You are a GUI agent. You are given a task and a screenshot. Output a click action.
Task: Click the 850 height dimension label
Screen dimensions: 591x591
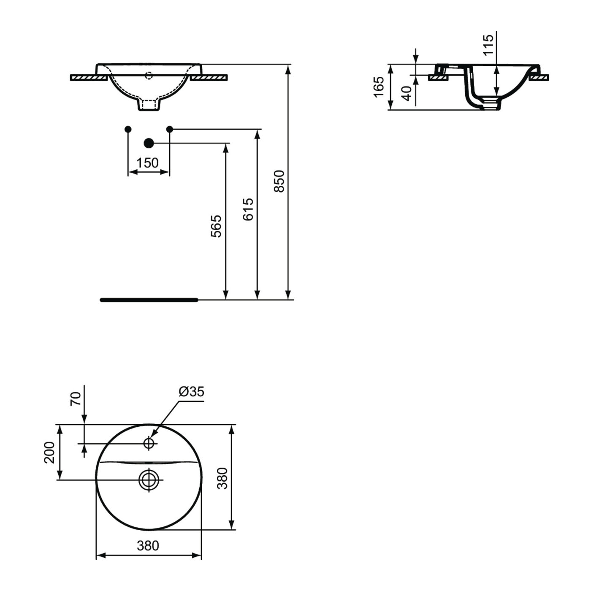[279, 181]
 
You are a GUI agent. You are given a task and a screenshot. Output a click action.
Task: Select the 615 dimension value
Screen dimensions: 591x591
[248, 209]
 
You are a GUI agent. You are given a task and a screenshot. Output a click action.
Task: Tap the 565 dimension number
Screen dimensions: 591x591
[216, 226]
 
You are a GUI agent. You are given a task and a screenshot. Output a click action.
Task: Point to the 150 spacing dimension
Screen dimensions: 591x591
[148, 163]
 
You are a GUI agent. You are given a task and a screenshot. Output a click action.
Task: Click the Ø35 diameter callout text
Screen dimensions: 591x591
[191, 392]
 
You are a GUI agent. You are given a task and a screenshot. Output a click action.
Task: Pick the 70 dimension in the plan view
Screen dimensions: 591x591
[75, 399]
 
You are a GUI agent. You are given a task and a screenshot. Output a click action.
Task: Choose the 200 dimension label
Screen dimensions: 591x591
[49, 452]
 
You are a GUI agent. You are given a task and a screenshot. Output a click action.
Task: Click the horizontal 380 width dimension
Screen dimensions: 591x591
[148, 546]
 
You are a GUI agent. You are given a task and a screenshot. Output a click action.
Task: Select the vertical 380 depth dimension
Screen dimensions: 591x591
[222, 478]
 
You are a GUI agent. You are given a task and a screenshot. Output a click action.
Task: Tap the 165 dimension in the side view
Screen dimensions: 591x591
[379, 87]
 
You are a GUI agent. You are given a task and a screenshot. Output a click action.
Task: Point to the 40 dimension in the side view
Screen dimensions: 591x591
[407, 93]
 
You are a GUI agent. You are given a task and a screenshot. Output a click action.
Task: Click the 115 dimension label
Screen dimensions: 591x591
[488, 45]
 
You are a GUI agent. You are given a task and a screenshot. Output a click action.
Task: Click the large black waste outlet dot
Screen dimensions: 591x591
[149, 143]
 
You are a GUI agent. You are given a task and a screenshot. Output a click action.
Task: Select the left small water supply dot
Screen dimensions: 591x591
[128, 129]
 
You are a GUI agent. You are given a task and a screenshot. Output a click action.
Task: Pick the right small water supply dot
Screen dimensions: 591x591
[170, 129]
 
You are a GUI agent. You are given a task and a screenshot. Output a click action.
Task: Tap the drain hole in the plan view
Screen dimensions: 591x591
[149, 480]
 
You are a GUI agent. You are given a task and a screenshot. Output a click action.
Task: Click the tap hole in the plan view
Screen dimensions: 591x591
[149, 443]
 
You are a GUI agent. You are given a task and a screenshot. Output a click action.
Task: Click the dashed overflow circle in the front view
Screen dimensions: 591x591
[149, 76]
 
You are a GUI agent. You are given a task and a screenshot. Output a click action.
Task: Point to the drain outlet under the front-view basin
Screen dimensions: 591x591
[149, 105]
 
